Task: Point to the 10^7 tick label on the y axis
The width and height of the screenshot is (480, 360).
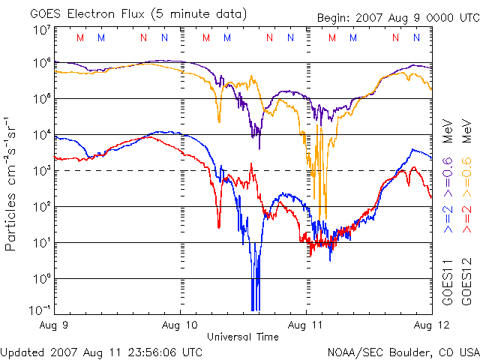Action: (x=42, y=31)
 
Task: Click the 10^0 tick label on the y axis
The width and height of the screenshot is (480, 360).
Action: (x=42, y=279)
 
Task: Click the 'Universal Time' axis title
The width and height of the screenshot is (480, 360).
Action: (x=243, y=337)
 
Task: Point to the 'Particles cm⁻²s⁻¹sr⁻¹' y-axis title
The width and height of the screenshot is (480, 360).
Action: (x=13, y=184)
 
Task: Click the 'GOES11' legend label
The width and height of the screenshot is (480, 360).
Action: (x=448, y=280)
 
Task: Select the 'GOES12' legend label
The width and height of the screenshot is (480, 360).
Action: (x=466, y=280)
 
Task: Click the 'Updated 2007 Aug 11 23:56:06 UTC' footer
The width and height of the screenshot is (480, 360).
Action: (x=101, y=351)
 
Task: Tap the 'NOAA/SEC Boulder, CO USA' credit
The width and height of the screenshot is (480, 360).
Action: (x=403, y=351)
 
